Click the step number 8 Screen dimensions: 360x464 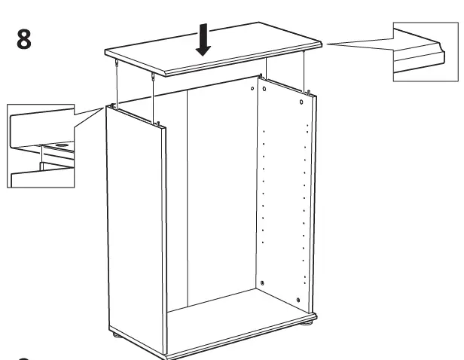point(24,40)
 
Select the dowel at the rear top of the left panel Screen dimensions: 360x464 point(112,105)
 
